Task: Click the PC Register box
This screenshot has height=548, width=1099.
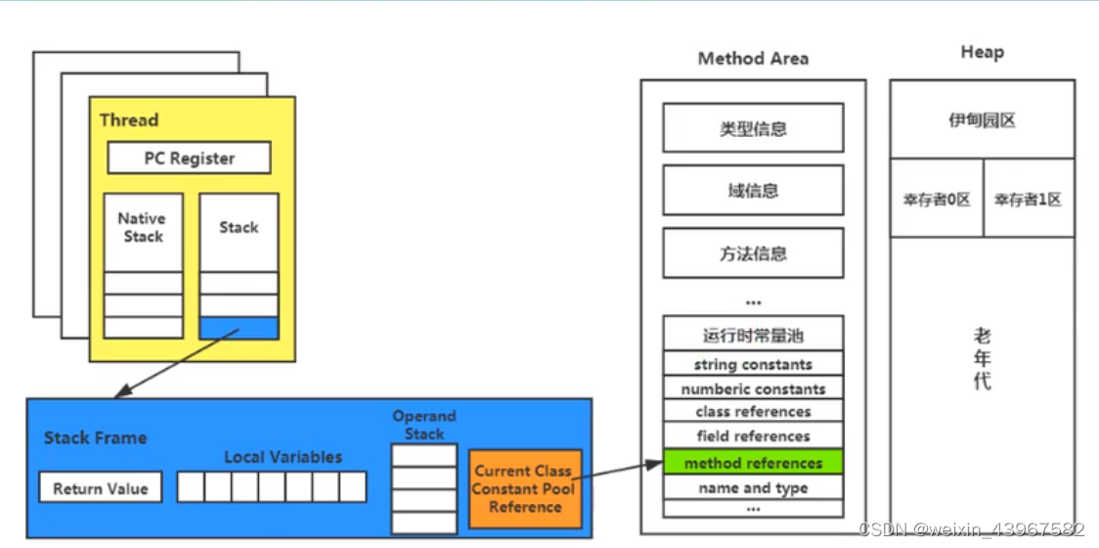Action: point(190,158)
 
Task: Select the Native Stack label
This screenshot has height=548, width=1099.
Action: point(143,227)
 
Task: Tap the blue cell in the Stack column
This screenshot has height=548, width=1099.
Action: point(239,328)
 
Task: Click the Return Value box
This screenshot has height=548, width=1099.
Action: point(101,487)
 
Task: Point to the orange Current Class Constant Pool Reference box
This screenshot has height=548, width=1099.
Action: point(525,488)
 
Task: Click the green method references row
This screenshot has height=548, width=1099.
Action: point(753,463)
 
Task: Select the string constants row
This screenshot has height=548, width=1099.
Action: point(753,364)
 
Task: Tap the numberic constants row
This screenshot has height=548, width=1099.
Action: point(753,388)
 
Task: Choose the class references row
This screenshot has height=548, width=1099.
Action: point(753,412)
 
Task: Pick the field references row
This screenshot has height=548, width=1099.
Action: point(753,436)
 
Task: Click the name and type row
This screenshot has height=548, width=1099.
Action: point(753,487)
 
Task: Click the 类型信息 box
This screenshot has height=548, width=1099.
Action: point(753,128)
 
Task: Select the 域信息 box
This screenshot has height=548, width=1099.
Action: point(753,190)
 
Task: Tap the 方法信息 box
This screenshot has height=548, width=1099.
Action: point(753,253)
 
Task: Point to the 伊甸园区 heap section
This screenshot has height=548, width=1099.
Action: point(982,120)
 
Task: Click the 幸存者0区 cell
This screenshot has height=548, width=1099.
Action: point(936,199)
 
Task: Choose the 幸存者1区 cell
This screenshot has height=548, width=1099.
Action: point(1029,199)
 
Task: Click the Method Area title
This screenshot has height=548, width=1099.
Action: point(753,59)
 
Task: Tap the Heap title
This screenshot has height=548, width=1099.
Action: point(982,52)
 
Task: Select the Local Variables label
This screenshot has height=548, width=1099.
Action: point(284,457)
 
